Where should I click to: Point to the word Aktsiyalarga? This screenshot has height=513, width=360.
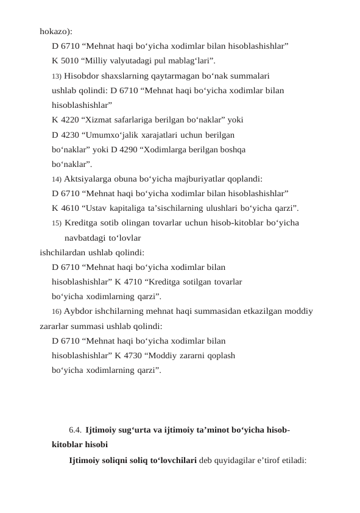tap(88, 179)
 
